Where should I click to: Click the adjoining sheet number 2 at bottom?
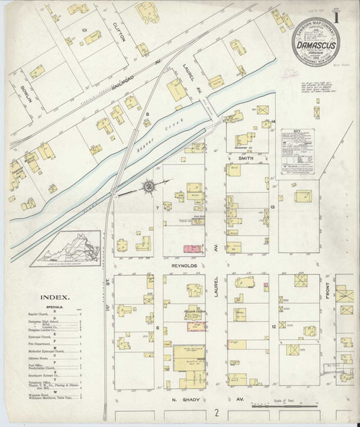(x=215, y=415)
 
